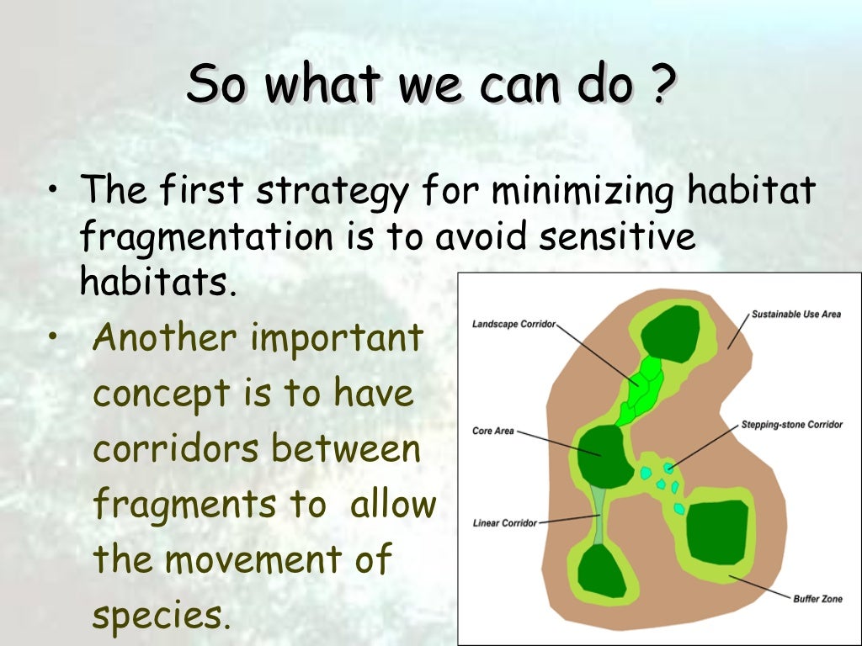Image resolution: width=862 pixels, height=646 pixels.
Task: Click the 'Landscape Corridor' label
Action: coord(513,324)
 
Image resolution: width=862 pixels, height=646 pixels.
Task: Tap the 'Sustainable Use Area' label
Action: coord(795,315)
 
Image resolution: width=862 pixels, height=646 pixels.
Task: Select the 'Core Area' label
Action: coord(493,432)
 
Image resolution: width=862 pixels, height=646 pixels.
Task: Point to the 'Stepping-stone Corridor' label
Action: coord(791,425)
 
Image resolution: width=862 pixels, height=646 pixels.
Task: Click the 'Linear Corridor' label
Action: coord(504,523)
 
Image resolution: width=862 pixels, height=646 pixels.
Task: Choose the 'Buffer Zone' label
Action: coord(817,599)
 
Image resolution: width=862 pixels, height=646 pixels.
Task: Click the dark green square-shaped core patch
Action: coord(716,532)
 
